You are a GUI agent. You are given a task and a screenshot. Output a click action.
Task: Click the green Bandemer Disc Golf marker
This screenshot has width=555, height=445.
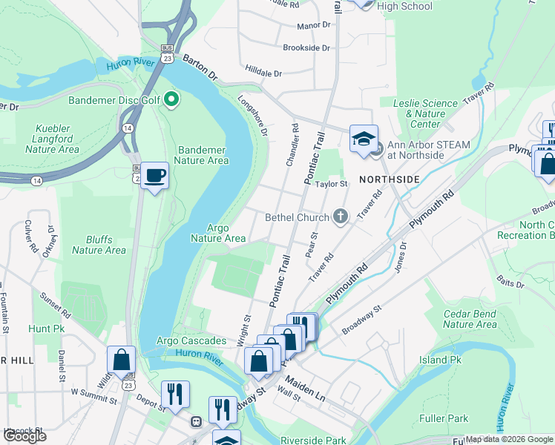point(172,99)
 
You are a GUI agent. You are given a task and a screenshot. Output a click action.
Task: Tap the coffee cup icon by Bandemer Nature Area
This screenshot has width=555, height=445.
point(154,176)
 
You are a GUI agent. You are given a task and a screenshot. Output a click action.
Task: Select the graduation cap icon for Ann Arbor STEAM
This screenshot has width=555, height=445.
point(364,139)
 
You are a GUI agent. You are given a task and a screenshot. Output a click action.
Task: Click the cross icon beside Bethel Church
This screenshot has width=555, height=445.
point(341,217)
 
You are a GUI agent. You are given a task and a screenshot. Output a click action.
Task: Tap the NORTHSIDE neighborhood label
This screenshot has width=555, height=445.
point(390,179)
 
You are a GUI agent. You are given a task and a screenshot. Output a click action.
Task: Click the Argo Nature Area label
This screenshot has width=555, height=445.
point(218,234)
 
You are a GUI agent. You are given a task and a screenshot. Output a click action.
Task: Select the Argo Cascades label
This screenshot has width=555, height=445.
point(191,340)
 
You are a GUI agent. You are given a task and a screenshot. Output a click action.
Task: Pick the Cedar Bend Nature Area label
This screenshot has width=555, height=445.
point(470,319)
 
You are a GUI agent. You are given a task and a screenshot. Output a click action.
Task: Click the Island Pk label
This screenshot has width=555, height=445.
point(439,360)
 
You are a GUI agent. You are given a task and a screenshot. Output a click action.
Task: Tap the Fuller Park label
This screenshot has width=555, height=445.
point(443,418)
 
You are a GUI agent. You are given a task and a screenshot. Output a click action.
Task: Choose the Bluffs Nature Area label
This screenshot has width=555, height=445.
point(99,245)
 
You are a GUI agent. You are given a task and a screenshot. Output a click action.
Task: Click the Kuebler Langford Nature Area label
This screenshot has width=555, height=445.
point(52,139)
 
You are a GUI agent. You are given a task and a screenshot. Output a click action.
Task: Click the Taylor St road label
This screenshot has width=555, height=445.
point(332,184)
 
